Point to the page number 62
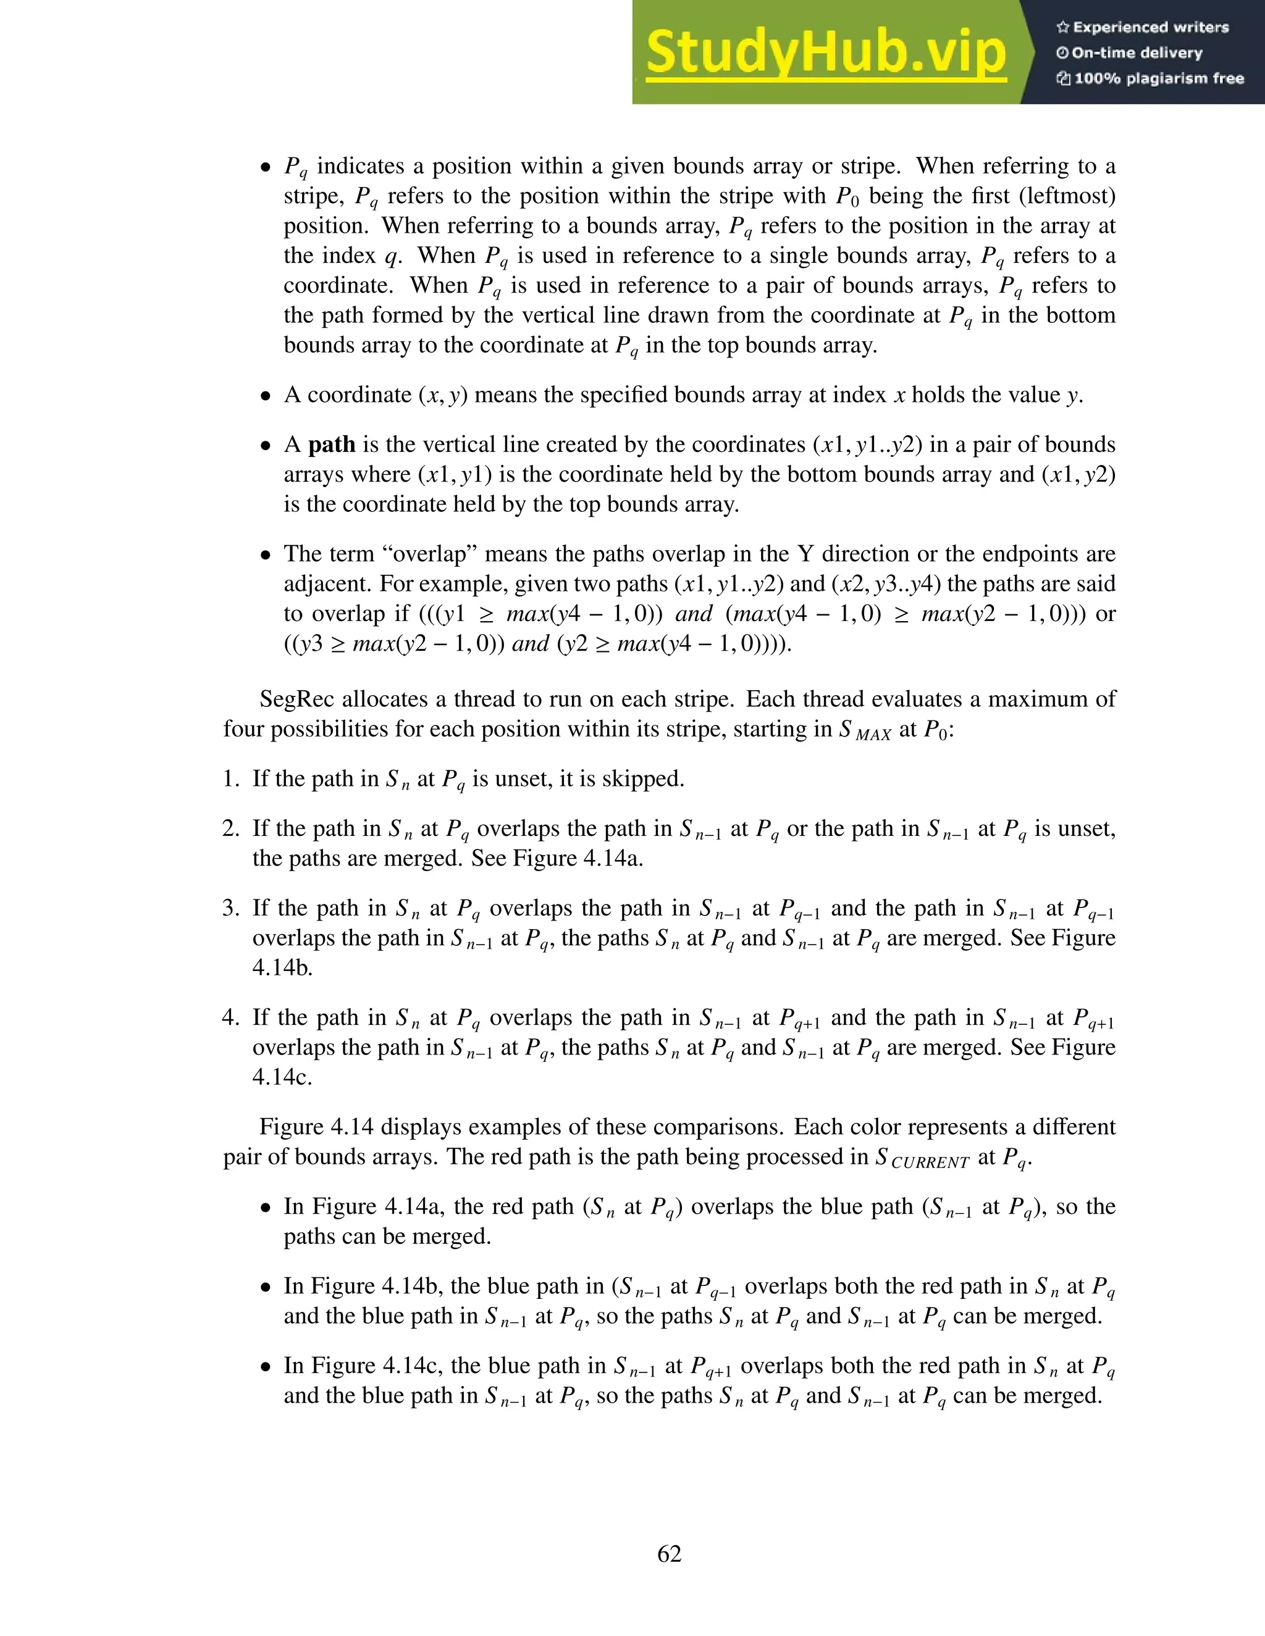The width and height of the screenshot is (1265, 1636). pos(669,1554)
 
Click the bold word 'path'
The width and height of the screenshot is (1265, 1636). pos(332,445)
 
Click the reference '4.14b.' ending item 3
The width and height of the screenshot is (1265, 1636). pos(282,968)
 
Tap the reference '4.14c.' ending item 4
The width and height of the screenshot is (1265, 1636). pos(282,1077)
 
